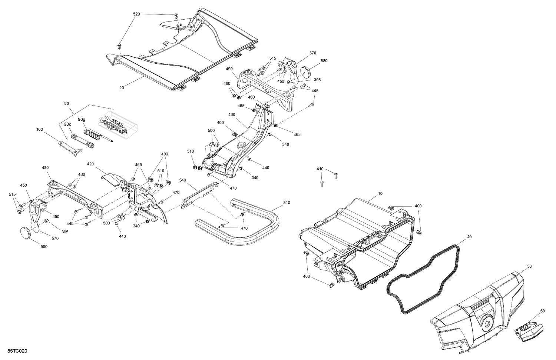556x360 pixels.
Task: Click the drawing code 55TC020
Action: pyautogui.click(x=14, y=350)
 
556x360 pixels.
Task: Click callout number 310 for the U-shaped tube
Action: pyautogui.click(x=287, y=203)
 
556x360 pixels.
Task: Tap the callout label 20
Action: pyautogui.click(x=122, y=88)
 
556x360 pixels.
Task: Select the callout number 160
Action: pyautogui.click(x=40, y=129)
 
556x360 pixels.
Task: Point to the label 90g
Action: pyautogui.click(x=82, y=120)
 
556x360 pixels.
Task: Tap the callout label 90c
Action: pyautogui.click(x=67, y=124)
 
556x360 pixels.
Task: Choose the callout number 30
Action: pyautogui.click(x=529, y=266)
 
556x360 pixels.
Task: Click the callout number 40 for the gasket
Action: pyautogui.click(x=469, y=237)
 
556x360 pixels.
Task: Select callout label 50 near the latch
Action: pyautogui.click(x=542, y=311)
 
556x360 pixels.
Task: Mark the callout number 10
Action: pyautogui.click(x=380, y=193)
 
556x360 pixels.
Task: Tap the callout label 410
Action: pyautogui.click(x=320, y=169)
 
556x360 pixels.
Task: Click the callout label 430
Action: pyautogui.click(x=232, y=115)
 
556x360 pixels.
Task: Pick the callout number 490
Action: pyautogui.click(x=229, y=69)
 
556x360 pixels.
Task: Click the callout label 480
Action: pyautogui.click(x=45, y=168)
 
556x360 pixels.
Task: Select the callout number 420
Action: pyautogui.click(x=90, y=163)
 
